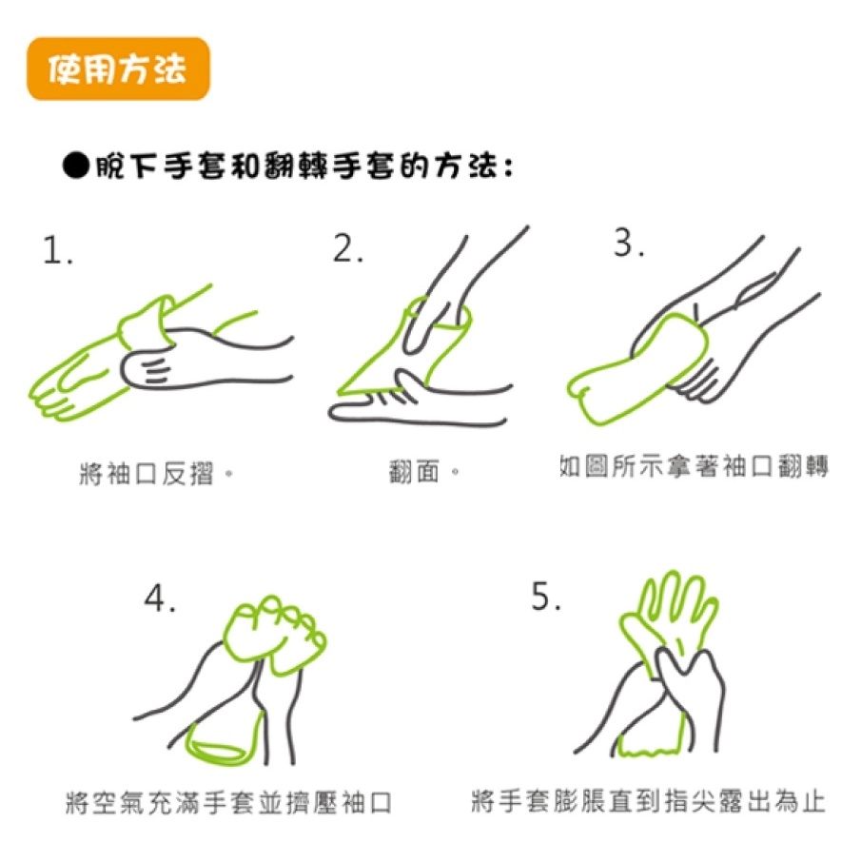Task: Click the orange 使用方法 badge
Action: [x=118, y=69]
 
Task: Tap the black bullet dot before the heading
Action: [x=76, y=166]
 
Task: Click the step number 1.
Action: [x=57, y=250]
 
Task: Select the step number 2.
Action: [x=348, y=248]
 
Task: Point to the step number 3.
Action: [x=629, y=243]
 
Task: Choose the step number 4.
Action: [x=160, y=598]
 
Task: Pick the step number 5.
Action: [x=546, y=597]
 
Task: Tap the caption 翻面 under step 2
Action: [x=423, y=472]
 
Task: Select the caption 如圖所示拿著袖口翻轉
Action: [x=694, y=467]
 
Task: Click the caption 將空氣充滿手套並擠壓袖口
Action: [x=228, y=803]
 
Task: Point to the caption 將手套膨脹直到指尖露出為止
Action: [x=649, y=801]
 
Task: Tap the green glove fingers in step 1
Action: [x=61, y=384]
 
